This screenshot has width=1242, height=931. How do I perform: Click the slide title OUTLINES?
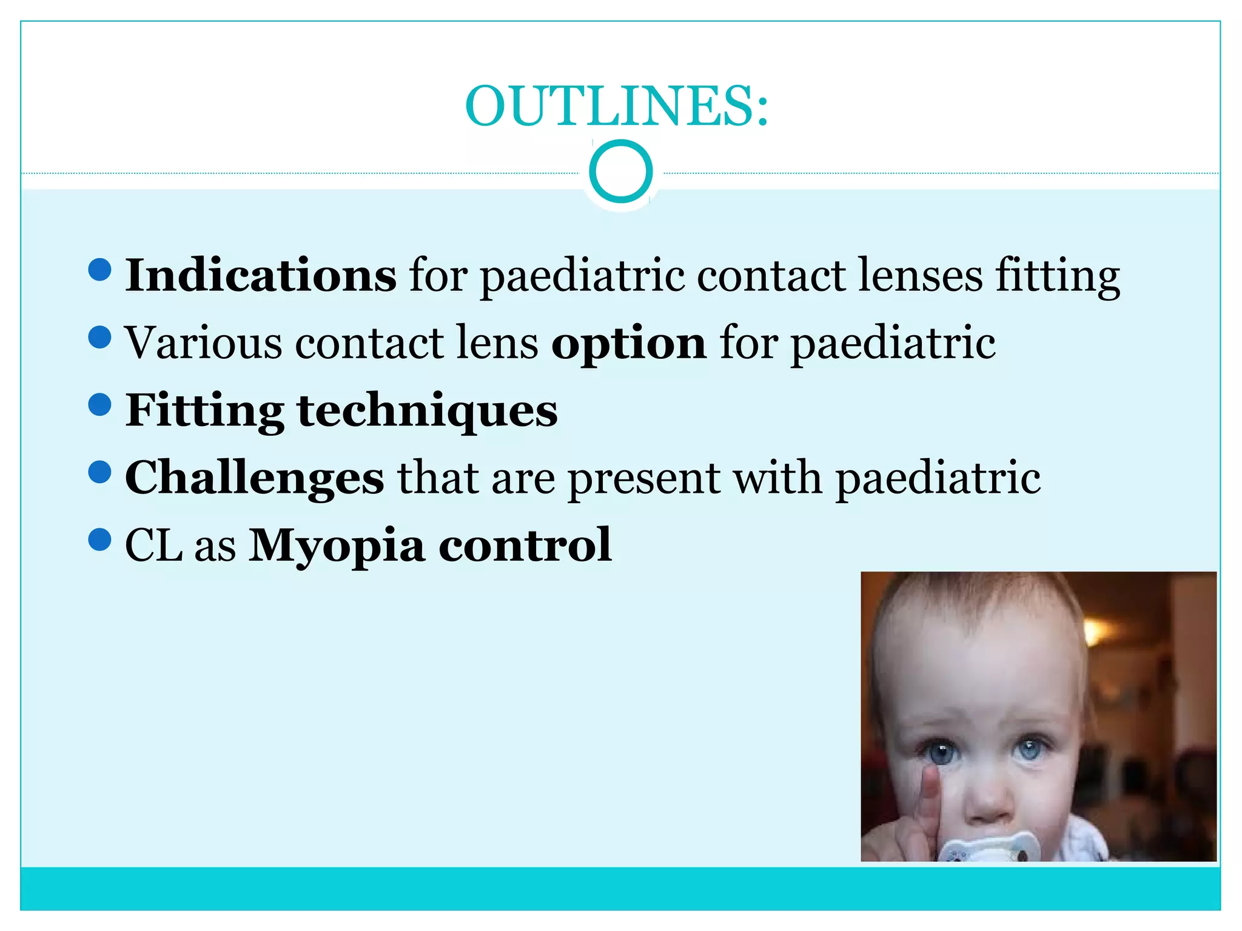point(617,106)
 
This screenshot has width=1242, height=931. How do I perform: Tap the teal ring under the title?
point(620,171)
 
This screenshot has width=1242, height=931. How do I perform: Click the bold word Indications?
point(261,276)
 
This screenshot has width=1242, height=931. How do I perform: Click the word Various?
point(203,343)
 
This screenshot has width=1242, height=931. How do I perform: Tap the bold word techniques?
point(427,410)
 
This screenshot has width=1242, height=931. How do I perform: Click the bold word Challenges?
point(254,478)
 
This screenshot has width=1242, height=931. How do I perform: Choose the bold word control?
point(525,545)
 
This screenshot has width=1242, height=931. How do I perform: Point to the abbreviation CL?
point(153,545)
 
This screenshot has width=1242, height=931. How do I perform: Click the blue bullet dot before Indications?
point(99,270)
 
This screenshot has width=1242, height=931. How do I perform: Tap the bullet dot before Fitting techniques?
point(99,404)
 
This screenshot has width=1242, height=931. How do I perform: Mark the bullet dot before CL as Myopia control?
point(99,539)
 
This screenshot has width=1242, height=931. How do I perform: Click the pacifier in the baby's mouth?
point(987,846)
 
